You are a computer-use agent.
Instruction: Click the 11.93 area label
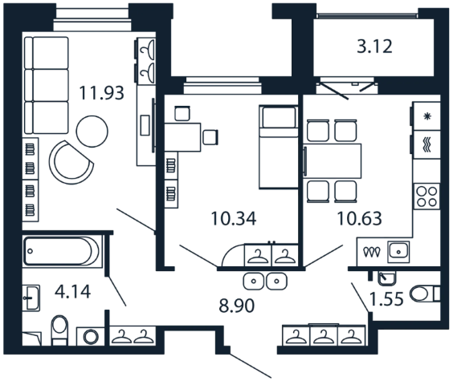(x=101, y=93)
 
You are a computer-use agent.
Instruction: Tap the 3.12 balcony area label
(x=375, y=47)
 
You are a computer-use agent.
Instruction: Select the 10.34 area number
(x=234, y=218)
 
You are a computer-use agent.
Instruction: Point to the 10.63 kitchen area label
(x=359, y=218)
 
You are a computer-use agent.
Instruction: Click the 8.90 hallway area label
(x=237, y=306)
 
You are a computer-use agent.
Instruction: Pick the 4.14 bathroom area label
(x=72, y=291)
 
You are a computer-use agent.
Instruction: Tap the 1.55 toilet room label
(x=386, y=298)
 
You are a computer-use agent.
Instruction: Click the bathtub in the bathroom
(x=63, y=251)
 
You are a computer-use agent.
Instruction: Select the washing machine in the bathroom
(x=91, y=336)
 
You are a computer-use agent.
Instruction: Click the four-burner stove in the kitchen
(x=426, y=197)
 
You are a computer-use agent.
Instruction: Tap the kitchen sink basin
(x=398, y=251)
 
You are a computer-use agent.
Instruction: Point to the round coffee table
(x=92, y=132)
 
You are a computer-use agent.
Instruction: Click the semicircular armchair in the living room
(x=71, y=163)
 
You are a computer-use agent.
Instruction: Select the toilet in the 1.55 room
(x=425, y=294)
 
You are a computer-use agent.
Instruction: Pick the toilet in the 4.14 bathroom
(x=59, y=330)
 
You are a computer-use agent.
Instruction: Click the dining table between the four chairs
(x=333, y=160)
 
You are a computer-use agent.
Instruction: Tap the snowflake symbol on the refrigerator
(x=427, y=116)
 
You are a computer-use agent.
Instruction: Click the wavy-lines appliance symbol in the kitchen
(x=427, y=144)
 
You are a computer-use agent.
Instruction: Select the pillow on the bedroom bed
(x=279, y=117)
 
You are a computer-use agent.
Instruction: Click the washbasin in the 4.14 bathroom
(x=31, y=298)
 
